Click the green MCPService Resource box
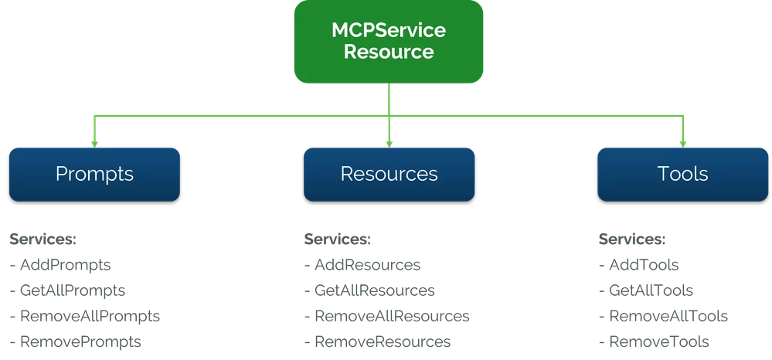click(388, 42)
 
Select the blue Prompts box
click(94, 174)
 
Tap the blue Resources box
click(389, 174)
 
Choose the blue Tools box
click(682, 174)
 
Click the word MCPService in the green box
click(388, 32)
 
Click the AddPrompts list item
click(62, 265)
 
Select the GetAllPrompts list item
click(68, 290)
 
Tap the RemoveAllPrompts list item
click(87, 316)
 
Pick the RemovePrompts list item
click(74, 341)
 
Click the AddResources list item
click(363, 265)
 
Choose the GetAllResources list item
click(371, 290)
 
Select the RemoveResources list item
click(378, 341)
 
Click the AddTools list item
click(638, 265)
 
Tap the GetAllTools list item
click(645, 290)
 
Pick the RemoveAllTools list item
click(662, 316)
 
